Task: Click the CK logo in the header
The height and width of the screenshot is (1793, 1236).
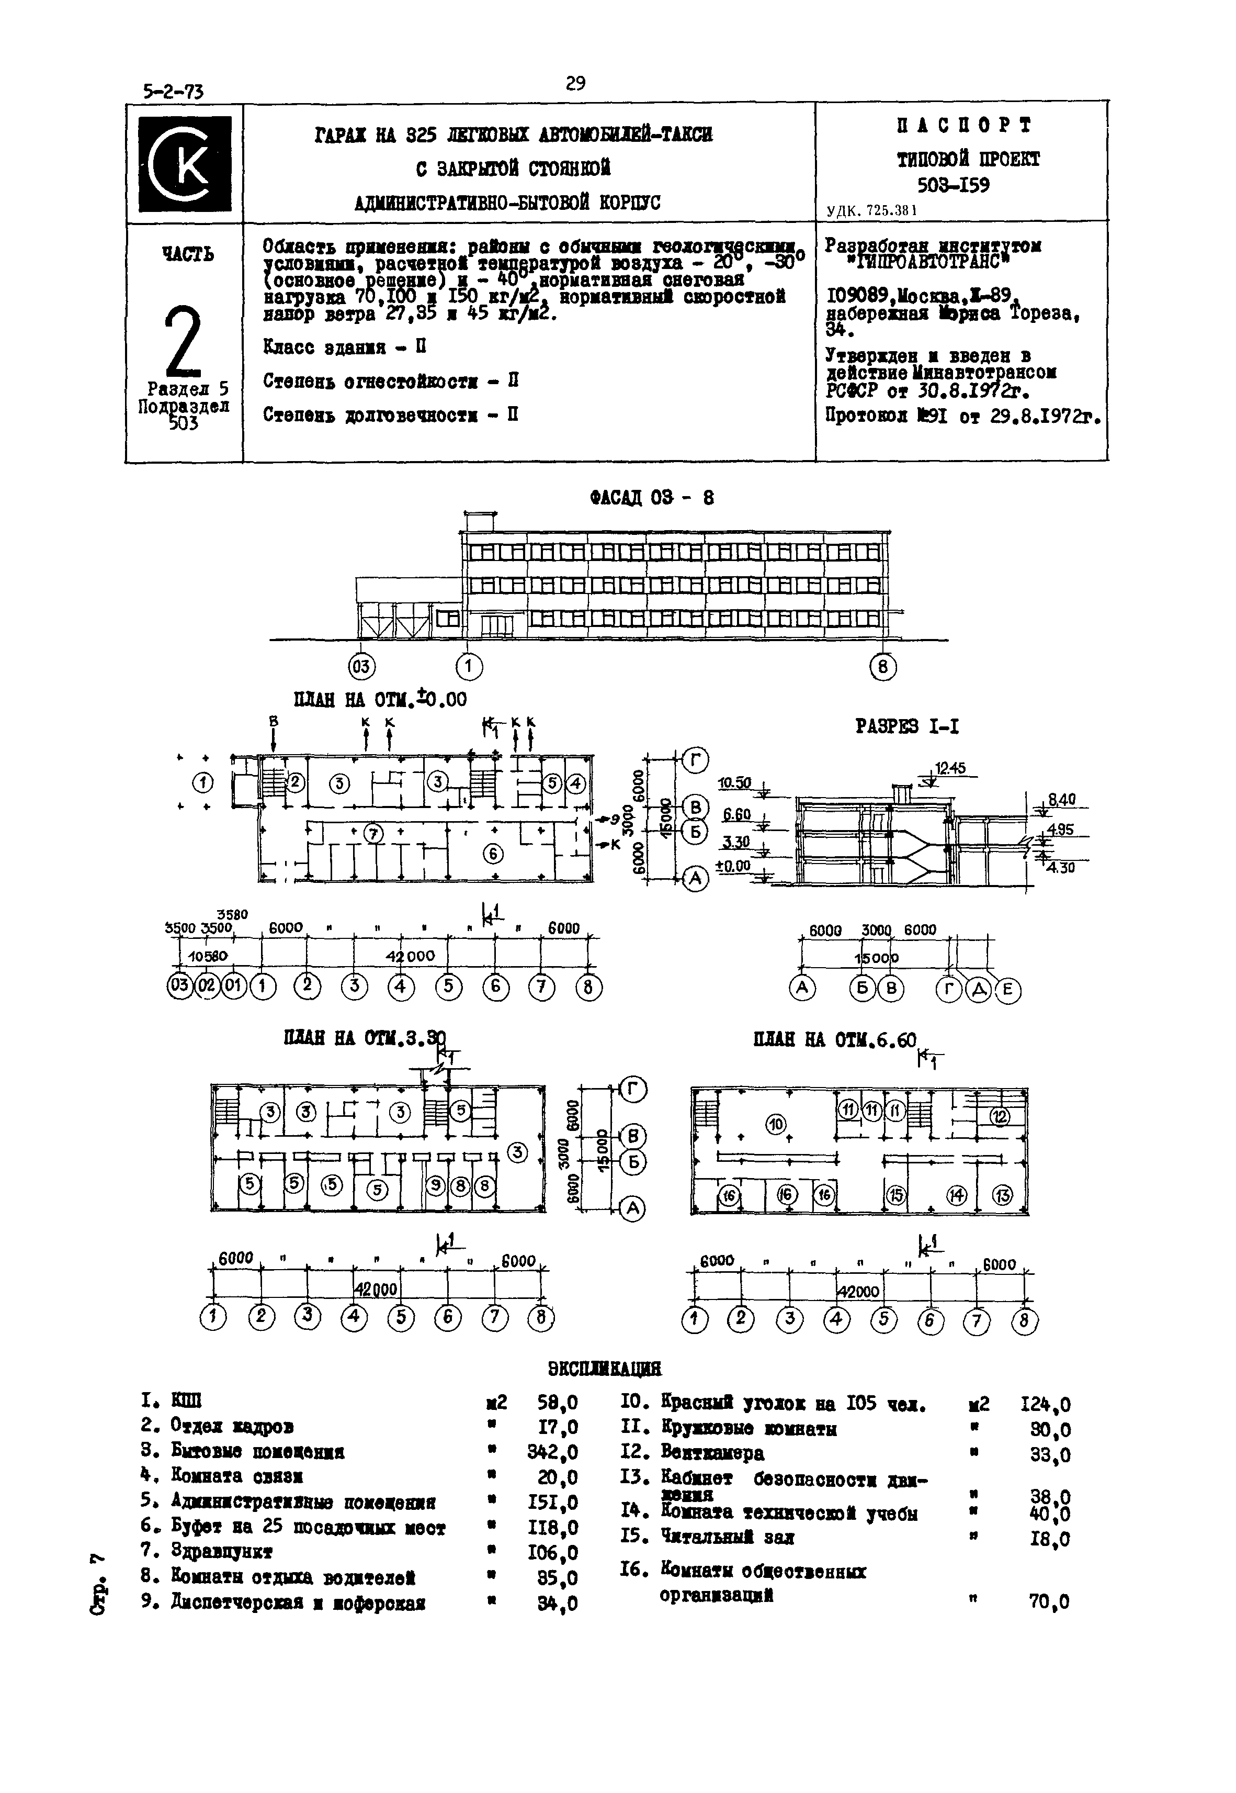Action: pos(184,163)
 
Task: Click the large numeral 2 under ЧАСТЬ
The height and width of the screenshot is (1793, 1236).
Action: pos(183,341)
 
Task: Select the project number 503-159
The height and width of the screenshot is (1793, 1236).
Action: pos(954,186)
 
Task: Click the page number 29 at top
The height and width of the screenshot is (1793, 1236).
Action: pos(575,83)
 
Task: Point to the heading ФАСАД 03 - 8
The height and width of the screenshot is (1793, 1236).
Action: pos(651,498)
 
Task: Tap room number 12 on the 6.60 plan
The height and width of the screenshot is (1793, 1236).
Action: pos(1000,1116)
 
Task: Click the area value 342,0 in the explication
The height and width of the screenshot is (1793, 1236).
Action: pos(558,1451)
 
